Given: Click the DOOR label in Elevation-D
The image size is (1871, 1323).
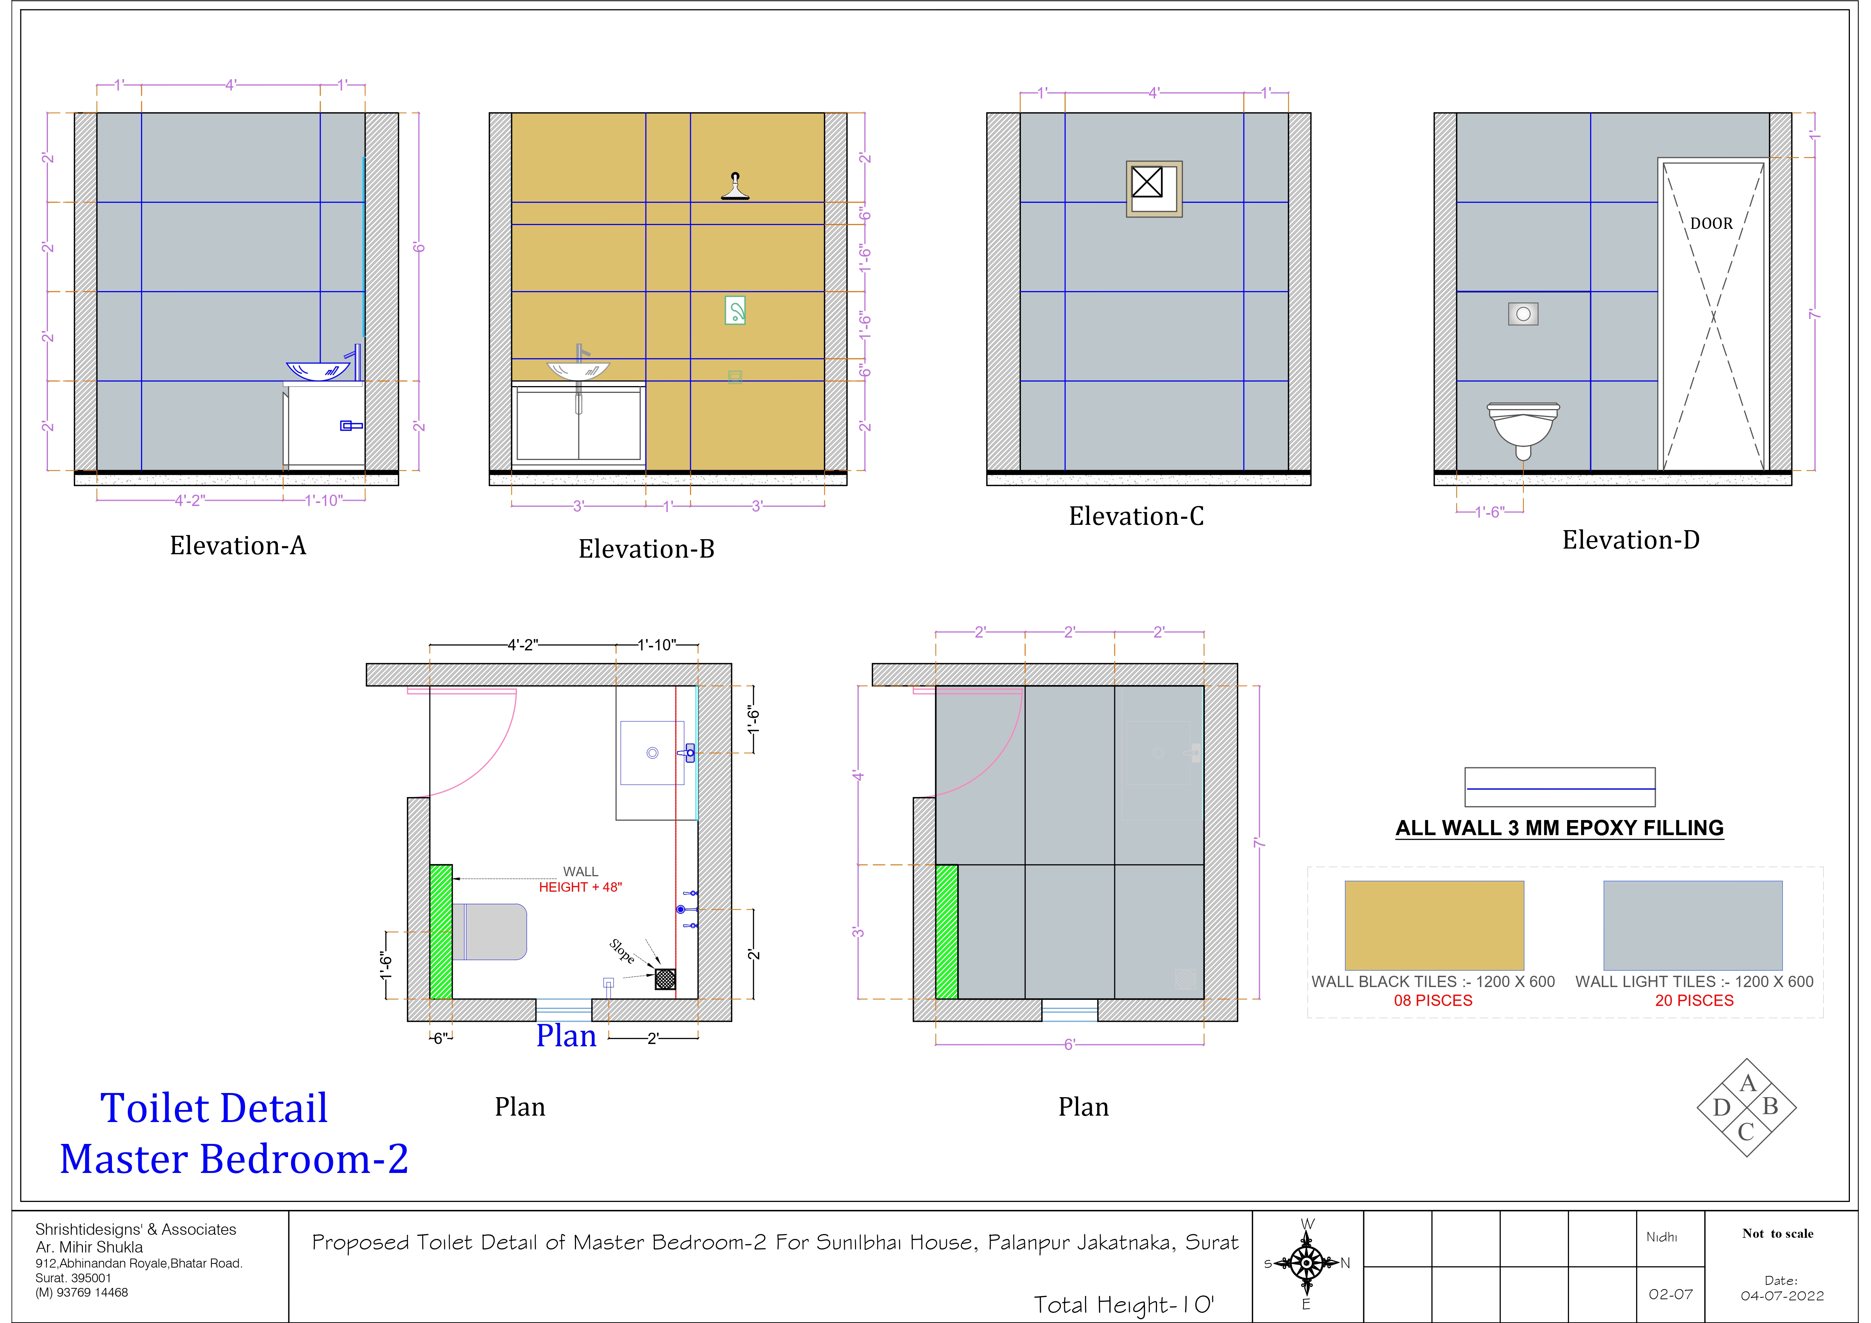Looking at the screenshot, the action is point(1711,223).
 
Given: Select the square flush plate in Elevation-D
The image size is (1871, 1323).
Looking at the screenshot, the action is point(1523,314).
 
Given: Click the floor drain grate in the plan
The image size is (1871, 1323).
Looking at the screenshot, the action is point(665,978).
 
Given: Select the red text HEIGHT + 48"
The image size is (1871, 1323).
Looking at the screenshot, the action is point(580,887).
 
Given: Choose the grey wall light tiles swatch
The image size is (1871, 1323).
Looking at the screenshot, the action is point(1693,925).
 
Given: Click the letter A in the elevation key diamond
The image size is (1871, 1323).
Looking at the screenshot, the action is point(1747,1083).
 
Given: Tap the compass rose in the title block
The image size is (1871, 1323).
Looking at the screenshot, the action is point(1306,1263).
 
